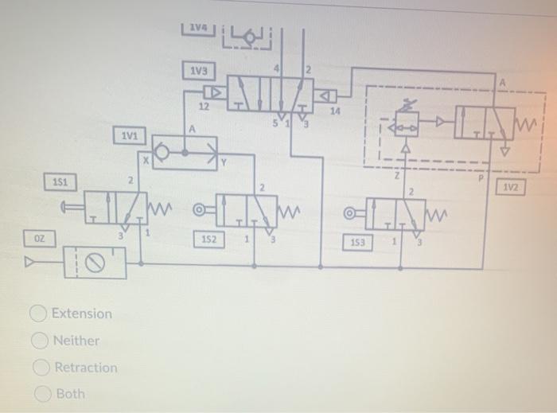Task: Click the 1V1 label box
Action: coord(129,135)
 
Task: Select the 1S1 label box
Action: coord(60,182)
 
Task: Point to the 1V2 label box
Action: coord(510,187)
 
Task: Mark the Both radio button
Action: coord(43,394)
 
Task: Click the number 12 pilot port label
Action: coord(203,106)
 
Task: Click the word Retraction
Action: coord(85,368)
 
